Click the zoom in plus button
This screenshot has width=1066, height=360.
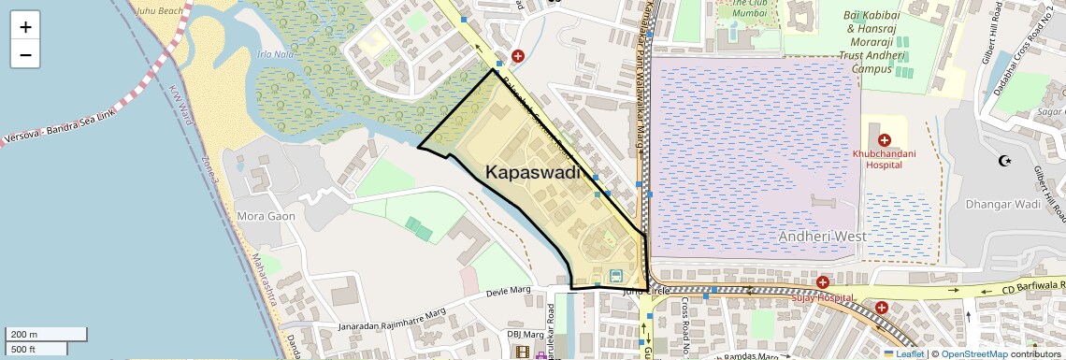pos(25,26)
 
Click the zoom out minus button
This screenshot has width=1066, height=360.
pos(25,54)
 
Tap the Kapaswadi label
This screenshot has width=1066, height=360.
pos(533,172)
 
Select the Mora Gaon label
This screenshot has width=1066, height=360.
pos(266,216)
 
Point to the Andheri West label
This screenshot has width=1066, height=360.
pos(823,236)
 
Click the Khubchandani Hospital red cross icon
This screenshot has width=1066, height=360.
pos(884,139)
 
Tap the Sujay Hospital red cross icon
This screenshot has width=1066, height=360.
pos(822,281)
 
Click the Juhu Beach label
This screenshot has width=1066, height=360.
pos(158,10)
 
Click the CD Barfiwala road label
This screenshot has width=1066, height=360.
pos(1029,284)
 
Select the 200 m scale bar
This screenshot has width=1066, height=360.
pos(45,334)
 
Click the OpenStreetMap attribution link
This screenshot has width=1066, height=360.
pos(973,353)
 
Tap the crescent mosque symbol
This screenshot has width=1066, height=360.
pos(1006,160)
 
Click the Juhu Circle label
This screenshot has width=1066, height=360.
pos(646,292)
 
